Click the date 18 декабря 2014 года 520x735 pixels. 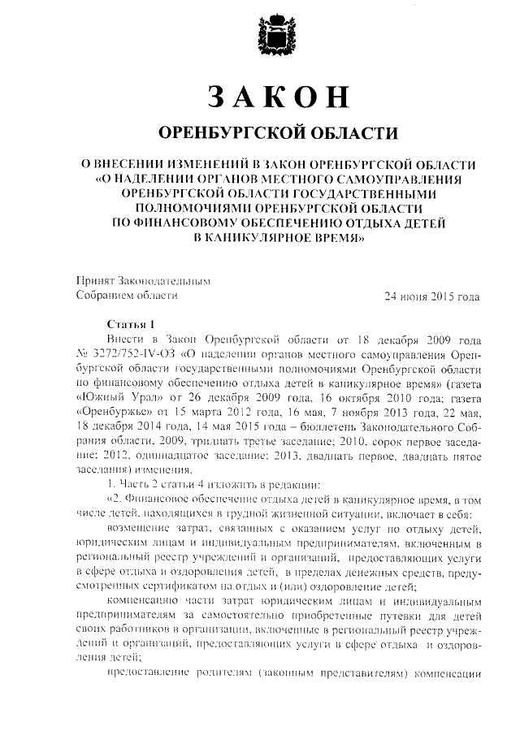(122, 428)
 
